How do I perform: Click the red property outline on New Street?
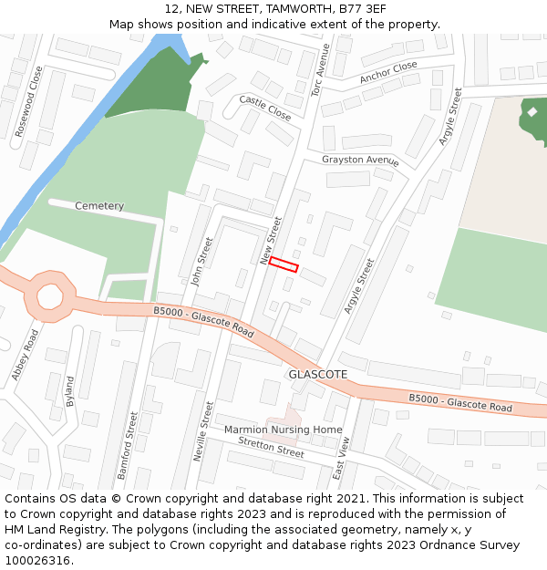point(284,264)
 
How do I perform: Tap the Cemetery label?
point(99,206)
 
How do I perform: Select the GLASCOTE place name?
point(318,375)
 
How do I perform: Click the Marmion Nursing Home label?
point(284,430)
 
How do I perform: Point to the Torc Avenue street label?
point(318,70)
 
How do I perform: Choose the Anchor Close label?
point(388,72)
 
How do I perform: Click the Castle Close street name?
point(265,108)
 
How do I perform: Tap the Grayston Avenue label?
point(360,161)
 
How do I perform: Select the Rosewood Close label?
point(29,101)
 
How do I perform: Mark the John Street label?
point(202,262)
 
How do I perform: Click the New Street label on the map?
point(272,241)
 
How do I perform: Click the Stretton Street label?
point(271,447)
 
